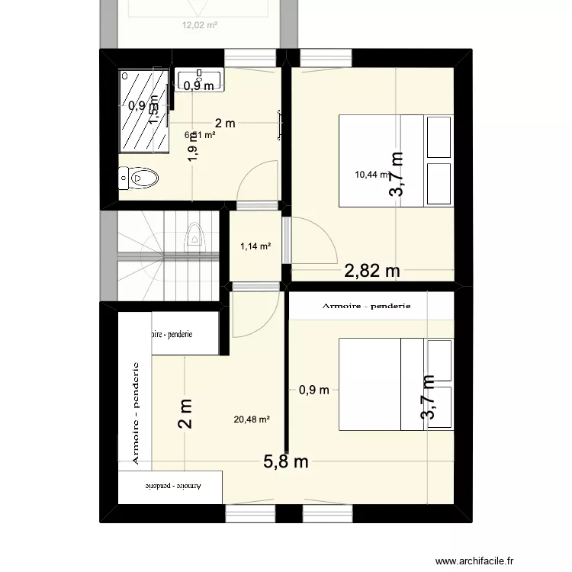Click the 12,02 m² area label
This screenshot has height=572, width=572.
tap(199, 24)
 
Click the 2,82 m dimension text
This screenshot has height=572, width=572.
tap(372, 270)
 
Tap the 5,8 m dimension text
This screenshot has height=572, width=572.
tap(285, 461)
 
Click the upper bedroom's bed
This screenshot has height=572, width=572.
tap(396, 161)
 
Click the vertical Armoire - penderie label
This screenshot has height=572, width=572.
tap(136, 413)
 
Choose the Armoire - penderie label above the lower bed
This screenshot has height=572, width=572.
tap(367, 306)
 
